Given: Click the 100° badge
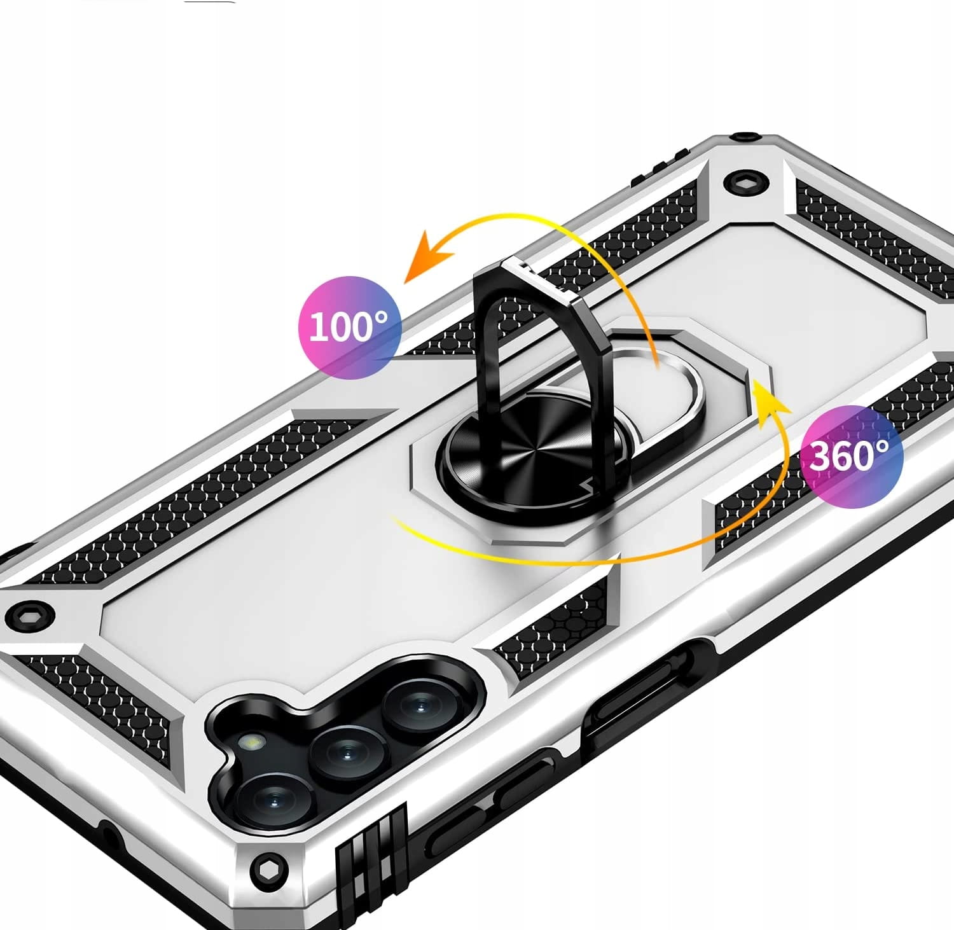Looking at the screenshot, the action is (350, 328).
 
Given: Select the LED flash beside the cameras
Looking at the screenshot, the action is (252, 742).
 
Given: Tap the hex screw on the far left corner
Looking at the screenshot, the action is (29, 616).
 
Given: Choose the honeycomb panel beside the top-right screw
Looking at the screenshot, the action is (874, 235).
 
